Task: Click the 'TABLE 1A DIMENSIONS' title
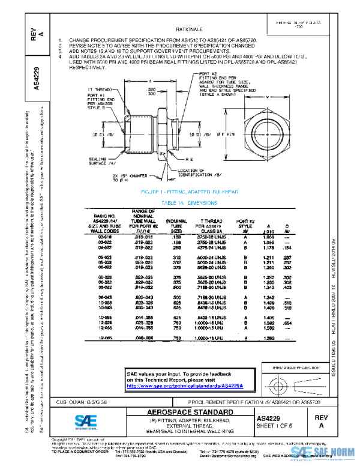189,203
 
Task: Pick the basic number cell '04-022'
106,247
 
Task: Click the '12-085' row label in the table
106,339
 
